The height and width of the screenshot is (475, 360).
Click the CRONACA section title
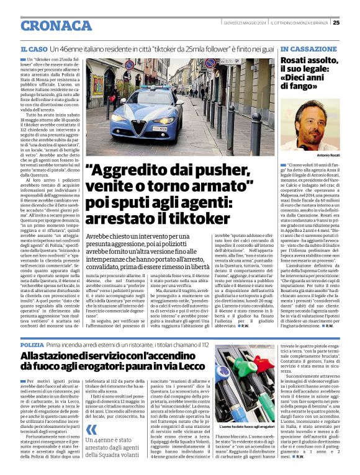(56, 25)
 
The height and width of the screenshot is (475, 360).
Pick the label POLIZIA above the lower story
(32, 344)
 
